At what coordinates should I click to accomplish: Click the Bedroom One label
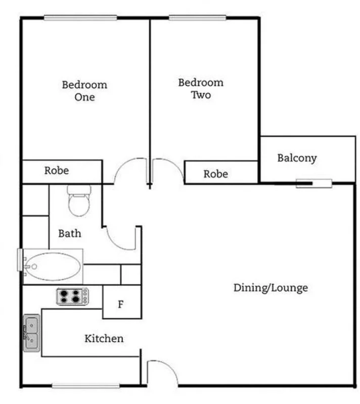84,91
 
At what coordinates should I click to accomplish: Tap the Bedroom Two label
200,88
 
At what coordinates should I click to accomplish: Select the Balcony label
297,158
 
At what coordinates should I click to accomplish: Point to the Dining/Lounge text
271,288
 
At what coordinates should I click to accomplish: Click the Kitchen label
104,338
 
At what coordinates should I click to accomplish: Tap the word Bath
69,234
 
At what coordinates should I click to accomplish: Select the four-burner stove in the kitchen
72,296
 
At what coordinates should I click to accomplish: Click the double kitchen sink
31,332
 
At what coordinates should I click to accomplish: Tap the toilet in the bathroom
79,200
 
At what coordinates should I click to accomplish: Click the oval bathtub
53,266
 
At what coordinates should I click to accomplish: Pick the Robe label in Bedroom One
56,171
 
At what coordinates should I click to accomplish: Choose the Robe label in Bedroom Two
215,174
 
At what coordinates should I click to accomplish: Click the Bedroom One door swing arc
129,170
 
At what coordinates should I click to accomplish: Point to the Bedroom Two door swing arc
167,170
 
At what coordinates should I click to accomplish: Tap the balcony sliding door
313,183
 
